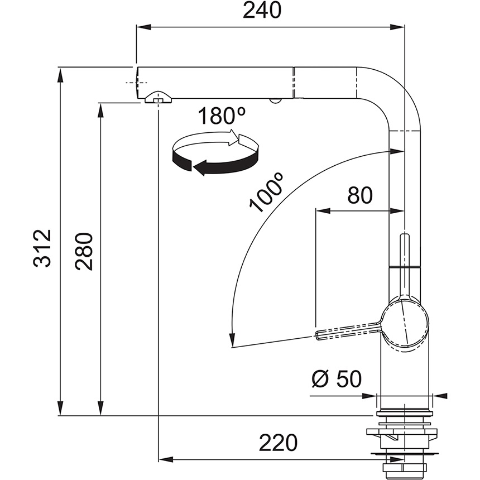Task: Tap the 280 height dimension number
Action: click(84, 251)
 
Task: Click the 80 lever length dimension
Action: click(360, 195)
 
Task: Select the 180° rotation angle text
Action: click(222, 116)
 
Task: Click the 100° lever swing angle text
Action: click(267, 193)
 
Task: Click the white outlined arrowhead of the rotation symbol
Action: click(233, 137)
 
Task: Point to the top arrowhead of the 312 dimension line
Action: click(61, 71)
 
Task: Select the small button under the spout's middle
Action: click(275, 100)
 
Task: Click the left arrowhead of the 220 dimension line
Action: click(164, 459)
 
